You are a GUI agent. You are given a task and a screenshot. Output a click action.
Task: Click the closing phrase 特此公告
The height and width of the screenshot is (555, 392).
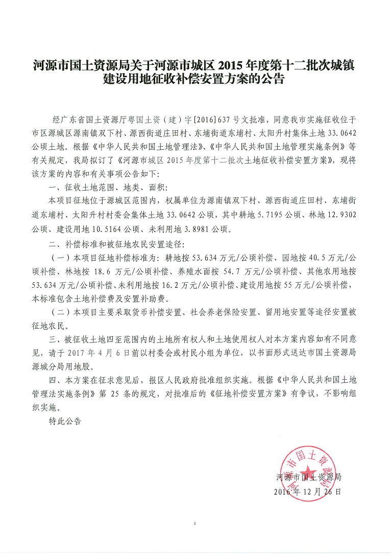(65, 422)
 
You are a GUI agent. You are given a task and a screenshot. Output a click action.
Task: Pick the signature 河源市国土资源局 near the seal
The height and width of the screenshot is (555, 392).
(308, 477)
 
